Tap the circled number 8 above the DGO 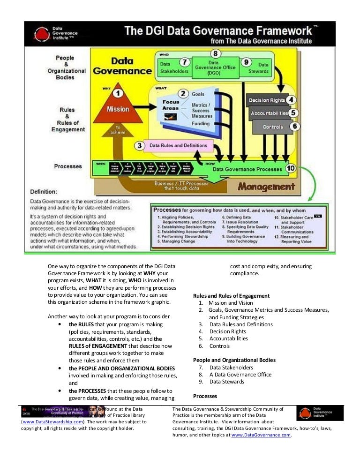(x=215, y=54)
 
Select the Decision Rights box (x=267, y=100)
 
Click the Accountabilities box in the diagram (x=269, y=113)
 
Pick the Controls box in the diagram (x=272, y=127)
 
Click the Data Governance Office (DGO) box (x=215, y=68)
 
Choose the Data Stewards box (x=263, y=68)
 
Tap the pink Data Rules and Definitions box (x=178, y=145)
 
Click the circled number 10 (x=290, y=168)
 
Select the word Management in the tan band (x=266, y=187)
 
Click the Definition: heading (x=44, y=192)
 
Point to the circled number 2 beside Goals (x=184, y=94)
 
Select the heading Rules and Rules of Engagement (x=231, y=296)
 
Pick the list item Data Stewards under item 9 (x=226, y=382)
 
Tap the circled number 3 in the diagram (x=139, y=146)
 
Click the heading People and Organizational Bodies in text (x=234, y=360)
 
